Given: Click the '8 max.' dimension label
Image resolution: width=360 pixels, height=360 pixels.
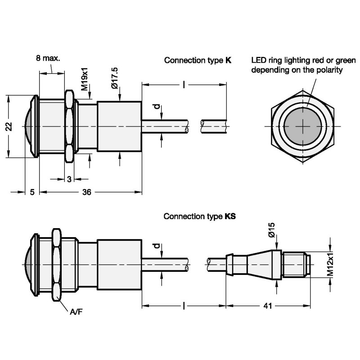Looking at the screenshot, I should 48,58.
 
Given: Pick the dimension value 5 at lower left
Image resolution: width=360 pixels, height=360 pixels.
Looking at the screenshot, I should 32,192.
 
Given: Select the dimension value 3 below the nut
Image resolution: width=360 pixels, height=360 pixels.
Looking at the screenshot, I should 69,179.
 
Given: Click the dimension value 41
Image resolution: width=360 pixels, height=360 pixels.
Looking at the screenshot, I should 268,306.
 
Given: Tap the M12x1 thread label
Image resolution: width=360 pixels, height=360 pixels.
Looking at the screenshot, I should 330,265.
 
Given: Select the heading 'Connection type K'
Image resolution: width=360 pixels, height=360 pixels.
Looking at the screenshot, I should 198,60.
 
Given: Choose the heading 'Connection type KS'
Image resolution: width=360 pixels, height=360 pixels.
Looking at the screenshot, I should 199,216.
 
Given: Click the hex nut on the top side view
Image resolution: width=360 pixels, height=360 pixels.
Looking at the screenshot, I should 69,126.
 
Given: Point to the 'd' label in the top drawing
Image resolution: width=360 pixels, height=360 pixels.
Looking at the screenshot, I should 156,107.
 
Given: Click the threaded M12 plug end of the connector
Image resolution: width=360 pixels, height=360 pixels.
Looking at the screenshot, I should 296,265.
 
